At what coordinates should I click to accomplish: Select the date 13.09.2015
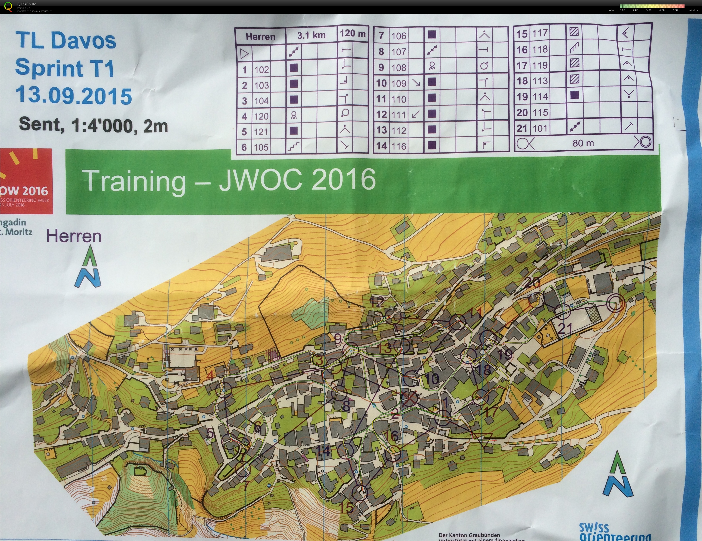pos(74,96)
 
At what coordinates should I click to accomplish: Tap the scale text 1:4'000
pos(102,125)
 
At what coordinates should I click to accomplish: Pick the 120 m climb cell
pos(353,34)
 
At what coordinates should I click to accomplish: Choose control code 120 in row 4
pos(261,116)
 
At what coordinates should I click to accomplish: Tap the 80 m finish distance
pos(583,143)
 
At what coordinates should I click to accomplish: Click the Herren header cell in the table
pos(260,36)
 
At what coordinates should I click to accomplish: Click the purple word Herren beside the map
pos(74,236)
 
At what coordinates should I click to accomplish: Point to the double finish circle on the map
pos(616,303)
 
